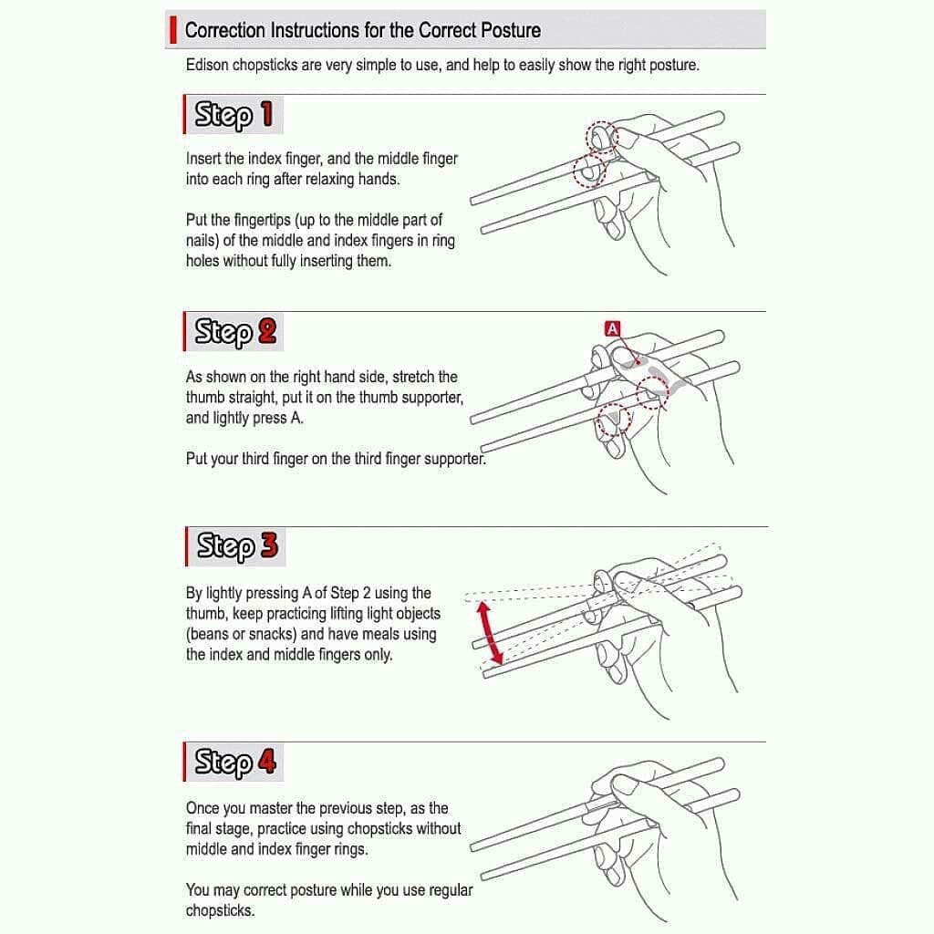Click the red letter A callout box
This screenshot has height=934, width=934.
(612, 328)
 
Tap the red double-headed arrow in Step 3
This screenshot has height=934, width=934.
(490, 633)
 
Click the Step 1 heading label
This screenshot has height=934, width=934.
(233, 114)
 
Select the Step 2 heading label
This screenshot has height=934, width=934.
(233, 331)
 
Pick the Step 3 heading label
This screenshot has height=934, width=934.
(236, 546)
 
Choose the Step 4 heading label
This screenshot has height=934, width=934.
(233, 762)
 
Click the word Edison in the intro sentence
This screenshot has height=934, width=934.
(207, 65)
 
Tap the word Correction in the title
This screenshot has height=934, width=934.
(225, 30)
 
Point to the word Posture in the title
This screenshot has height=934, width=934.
(511, 30)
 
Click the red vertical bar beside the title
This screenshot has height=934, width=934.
(172, 30)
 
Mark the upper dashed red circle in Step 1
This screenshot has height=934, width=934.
(602, 138)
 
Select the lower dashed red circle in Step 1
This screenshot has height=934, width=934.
(590, 171)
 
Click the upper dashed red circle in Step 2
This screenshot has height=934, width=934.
(652, 392)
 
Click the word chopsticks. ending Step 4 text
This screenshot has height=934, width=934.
(220, 910)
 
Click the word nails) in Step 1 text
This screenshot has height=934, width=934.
(202, 240)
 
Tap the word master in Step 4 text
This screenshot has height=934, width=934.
(270, 808)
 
